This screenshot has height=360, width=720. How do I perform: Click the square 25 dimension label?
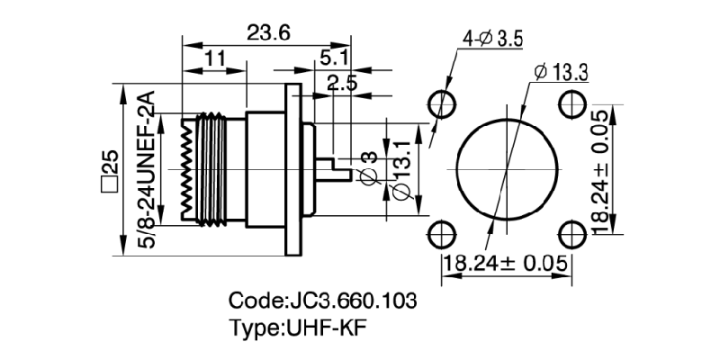(x=109, y=170)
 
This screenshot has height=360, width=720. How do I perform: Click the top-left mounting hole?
(x=441, y=103)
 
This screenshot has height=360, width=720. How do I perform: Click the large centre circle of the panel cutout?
(x=506, y=169)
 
